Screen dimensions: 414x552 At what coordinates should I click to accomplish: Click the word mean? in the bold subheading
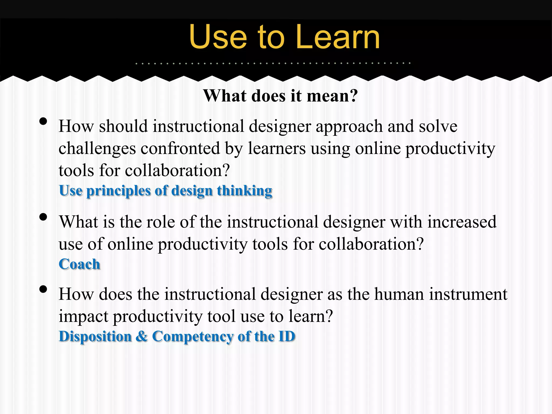click(332, 96)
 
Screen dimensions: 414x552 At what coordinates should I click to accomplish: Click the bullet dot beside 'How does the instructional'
click(43, 289)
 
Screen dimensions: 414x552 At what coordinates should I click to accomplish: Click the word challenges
click(97, 149)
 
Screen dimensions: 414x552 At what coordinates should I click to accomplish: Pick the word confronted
click(180, 148)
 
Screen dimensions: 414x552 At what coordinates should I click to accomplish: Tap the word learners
click(277, 148)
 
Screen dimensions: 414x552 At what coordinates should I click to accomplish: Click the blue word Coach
click(79, 264)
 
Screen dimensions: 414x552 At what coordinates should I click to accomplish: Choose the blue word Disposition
click(95, 336)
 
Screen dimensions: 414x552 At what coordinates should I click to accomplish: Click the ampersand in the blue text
click(142, 336)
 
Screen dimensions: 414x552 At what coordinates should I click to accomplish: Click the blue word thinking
click(244, 191)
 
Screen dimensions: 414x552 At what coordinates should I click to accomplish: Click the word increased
click(462, 222)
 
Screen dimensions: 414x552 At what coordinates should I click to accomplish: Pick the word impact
click(83, 316)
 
